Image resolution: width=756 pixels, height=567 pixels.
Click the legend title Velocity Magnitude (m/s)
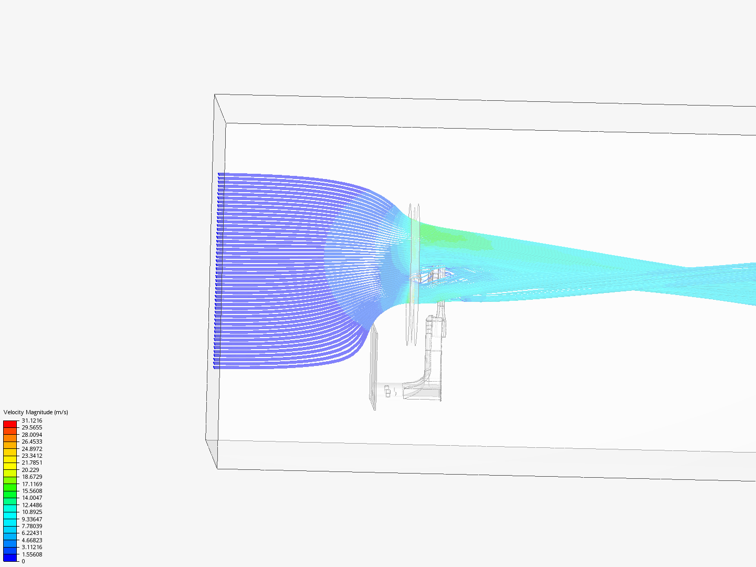pyautogui.click(x=36, y=412)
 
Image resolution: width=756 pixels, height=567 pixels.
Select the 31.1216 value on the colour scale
pyautogui.click(x=31, y=421)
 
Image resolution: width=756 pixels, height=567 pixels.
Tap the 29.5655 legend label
pyautogui.click(x=31, y=427)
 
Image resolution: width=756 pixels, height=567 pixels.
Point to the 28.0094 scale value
pyautogui.click(x=31, y=435)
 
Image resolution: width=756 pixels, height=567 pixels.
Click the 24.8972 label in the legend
pyautogui.click(x=31, y=449)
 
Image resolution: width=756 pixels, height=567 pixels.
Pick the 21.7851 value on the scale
pyautogui.click(x=31, y=463)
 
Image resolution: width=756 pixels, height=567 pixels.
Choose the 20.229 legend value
pyautogui.click(x=30, y=470)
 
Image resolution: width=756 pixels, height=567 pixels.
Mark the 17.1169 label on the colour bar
pyautogui.click(x=31, y=484)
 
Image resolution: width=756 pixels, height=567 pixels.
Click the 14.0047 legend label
pyautogui.click(x=31, y=498)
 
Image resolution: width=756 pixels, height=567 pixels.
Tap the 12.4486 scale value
pyautogui.click(x=31, y=505)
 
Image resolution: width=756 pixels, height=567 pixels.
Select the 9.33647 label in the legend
pyautogui.click(x=31, y=519)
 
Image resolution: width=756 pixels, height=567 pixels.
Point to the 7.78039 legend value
pyautogui.click(x=31, y=526)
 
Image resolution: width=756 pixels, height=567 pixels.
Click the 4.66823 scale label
pyautogui.click(x=31, y=540)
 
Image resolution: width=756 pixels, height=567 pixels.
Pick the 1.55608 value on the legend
pyautogui.click(x=31, y=554)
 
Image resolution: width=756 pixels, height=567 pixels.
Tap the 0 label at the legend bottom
pyautogui.click(x=23, y=561)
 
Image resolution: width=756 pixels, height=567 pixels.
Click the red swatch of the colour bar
pyautogui.click(x=10, y=424)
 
